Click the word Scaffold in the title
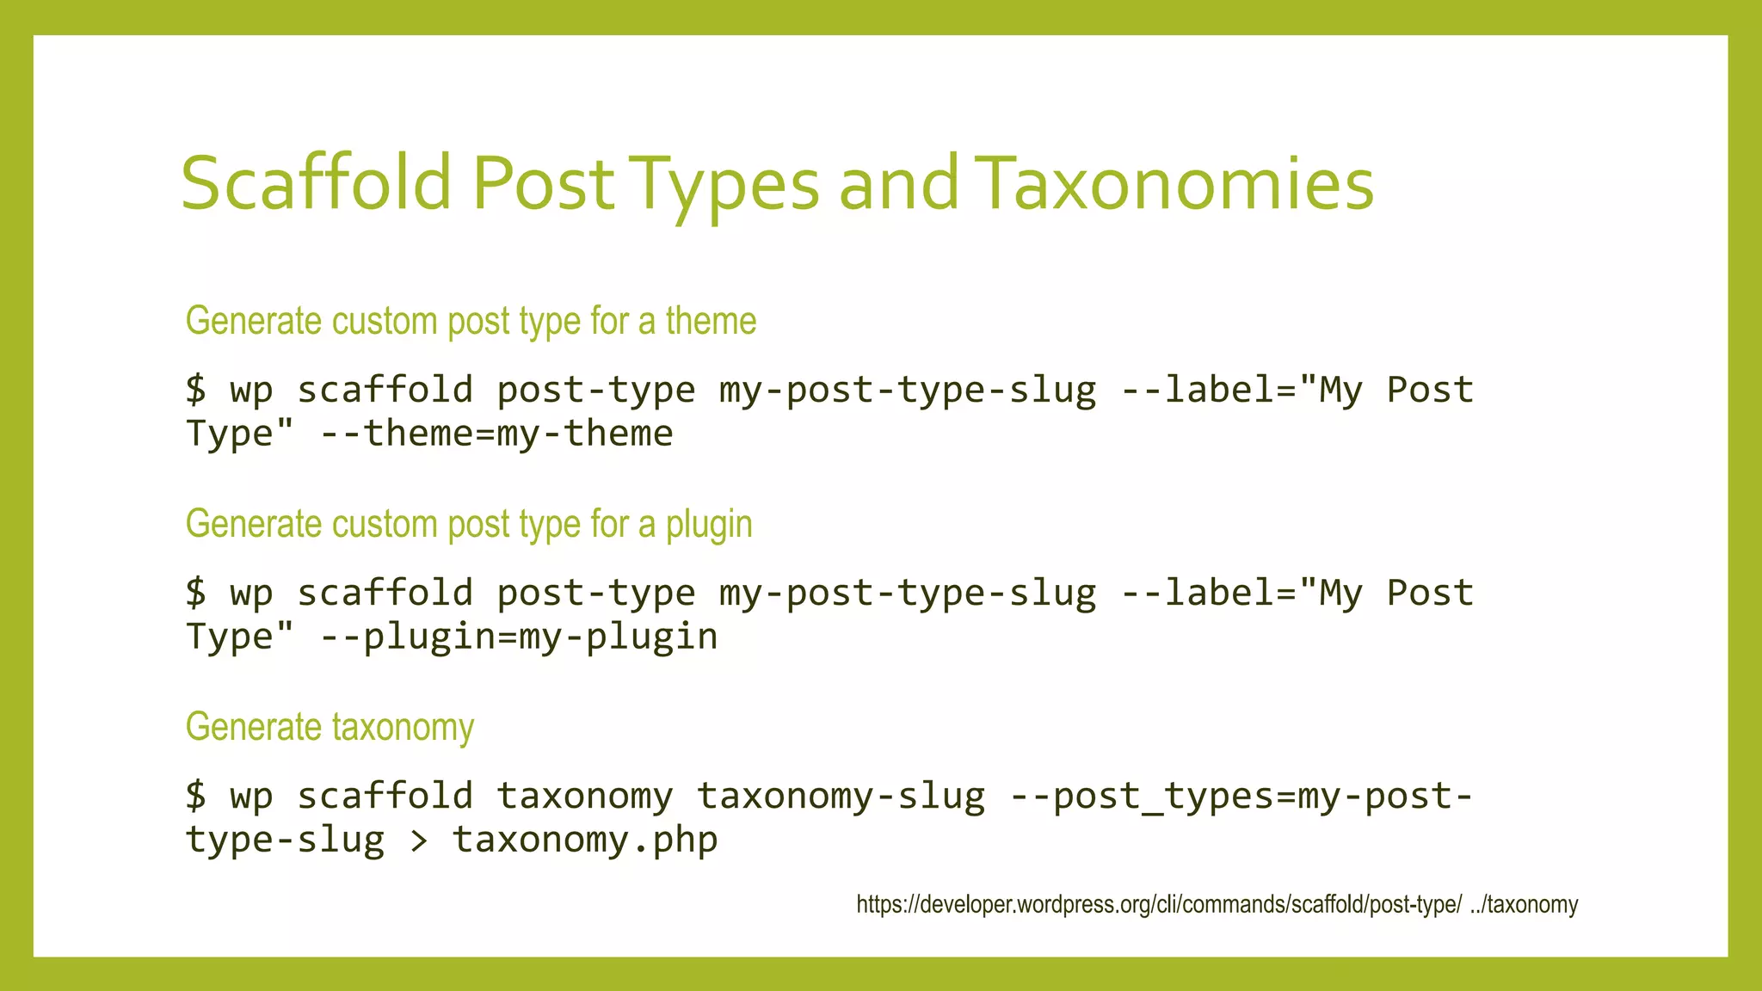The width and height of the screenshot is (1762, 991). [316, 182]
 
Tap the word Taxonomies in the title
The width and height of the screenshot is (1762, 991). [1175, 182]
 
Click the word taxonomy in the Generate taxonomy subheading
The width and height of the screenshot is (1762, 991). [403, 728]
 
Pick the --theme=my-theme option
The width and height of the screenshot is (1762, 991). [496, 433]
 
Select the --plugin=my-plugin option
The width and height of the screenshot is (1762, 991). [519, 637]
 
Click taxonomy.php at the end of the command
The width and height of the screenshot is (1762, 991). [585, 840]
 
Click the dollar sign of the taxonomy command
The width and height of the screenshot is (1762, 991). [196, 796]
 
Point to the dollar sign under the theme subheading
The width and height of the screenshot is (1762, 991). [196, 390]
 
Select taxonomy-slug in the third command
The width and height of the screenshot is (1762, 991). [841, 796]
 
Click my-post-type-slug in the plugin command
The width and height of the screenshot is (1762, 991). [908, 593]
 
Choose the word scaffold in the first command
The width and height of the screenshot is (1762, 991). [385, 390]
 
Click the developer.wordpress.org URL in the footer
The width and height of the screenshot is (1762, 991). [1158, 905]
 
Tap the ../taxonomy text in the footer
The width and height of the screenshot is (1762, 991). [1524, 905]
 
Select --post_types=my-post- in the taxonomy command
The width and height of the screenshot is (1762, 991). [1241, 796]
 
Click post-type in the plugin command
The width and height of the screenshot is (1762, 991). [596, 593]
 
